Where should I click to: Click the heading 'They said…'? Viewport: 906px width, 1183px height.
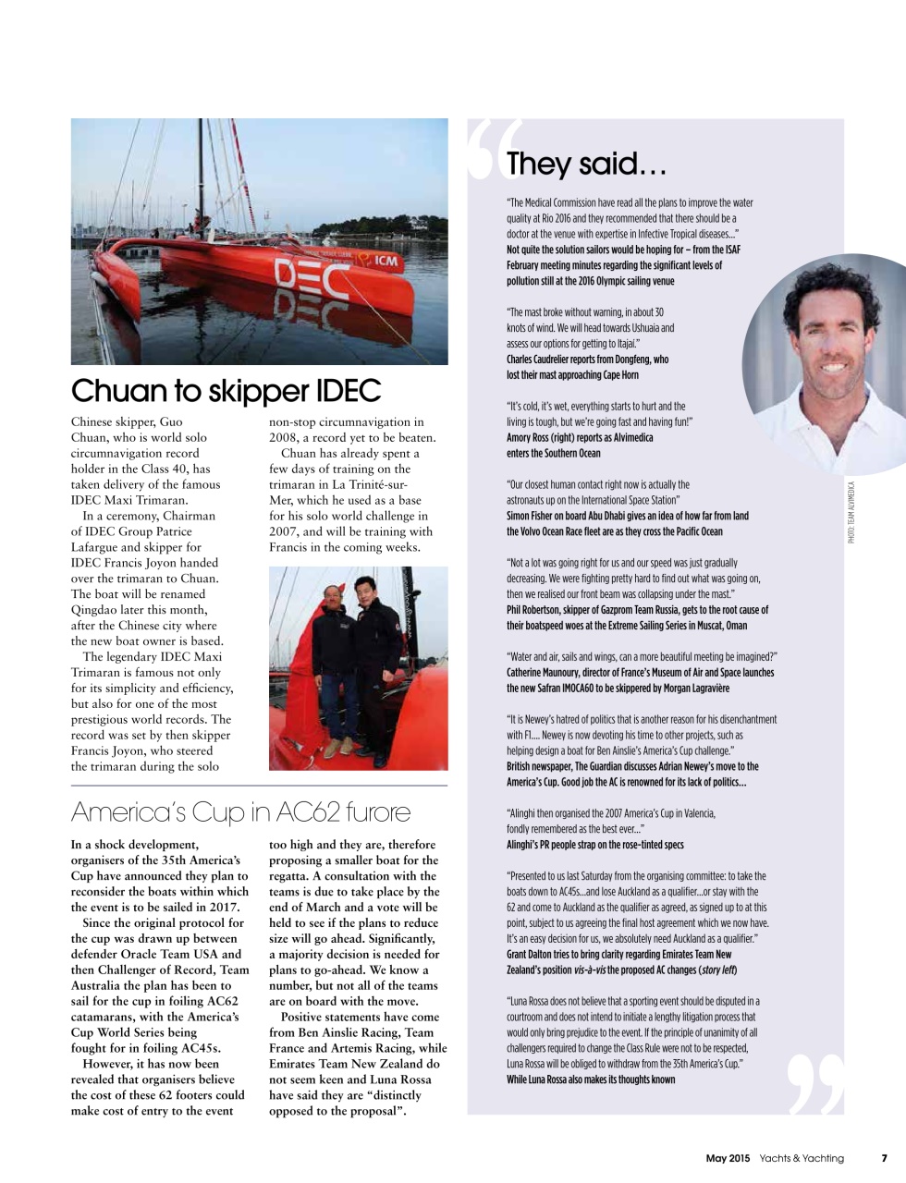point(586,165)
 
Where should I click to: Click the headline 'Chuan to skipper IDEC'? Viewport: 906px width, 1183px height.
point(226,391)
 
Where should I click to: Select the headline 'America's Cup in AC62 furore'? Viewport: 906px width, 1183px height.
point(240,811)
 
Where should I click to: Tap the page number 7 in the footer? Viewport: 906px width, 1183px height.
point(884,1158)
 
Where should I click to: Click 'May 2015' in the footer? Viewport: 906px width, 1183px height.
point(728,1158)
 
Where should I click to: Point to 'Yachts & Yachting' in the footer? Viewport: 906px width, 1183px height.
point(802,1158)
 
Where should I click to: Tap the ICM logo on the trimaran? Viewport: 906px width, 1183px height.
point(382,261)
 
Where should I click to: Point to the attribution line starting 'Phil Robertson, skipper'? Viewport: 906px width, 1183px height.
point(637,610)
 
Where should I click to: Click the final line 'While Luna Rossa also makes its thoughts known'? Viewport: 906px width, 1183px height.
point(590,1079)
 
